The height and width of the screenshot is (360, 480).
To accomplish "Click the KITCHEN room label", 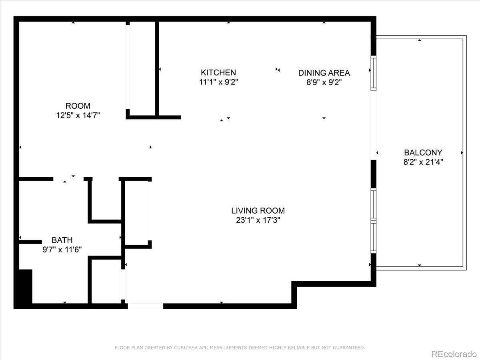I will tap(218, 72).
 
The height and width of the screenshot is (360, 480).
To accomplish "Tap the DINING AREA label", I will tap(324, 73).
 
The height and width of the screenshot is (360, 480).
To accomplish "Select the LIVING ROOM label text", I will tap(258, 210).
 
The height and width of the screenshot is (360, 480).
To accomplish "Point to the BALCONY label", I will tap(423, 152).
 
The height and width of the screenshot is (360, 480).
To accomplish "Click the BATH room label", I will tap(62, 240).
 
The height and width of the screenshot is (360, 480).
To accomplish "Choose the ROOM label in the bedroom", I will tap(78, 106).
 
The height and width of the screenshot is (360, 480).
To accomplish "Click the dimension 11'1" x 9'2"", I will tap(218, 82).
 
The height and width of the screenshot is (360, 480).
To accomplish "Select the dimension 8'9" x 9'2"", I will tap(324, 82).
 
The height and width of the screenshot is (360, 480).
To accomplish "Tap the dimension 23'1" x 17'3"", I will tap(258, 220).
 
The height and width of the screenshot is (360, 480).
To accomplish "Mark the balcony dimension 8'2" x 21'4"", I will tap(423, 162).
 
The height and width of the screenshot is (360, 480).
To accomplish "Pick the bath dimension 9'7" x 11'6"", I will tap(62, 250).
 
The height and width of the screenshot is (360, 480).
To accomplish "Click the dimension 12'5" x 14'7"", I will tap(78, 116).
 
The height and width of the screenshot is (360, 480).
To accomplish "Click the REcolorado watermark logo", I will tap(454, 354).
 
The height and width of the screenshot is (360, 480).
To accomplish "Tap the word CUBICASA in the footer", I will tap(184, 348).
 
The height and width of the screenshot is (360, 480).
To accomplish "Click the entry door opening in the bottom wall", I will tap(145, 306).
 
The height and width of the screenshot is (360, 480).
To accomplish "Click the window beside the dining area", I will tap(374, 73).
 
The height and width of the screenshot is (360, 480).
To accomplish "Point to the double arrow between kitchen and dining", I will tap(278, 70).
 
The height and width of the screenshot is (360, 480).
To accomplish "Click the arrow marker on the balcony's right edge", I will tap(462, 153).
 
